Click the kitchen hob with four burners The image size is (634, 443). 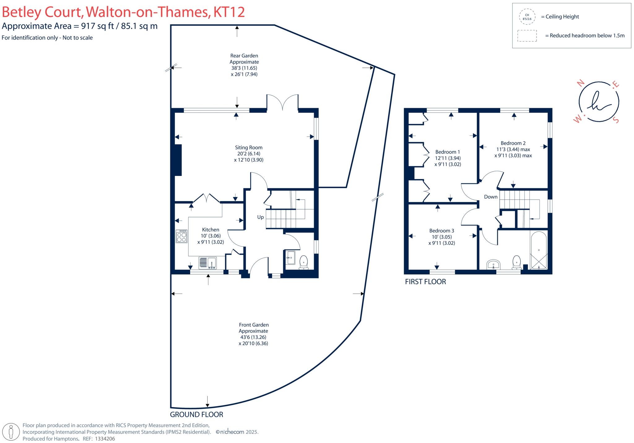click(x=182, y=236)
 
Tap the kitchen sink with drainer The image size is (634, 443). click(x=207, y=263)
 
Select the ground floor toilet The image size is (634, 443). click(x=304, y=262)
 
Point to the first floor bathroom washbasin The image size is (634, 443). click(x=493, y=265)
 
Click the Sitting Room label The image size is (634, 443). click(x=249, y=147)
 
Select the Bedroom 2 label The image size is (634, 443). click(x=513, y=143)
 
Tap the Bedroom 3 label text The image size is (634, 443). click(x=441, y=231)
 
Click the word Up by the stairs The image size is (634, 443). click(x=260, y=217)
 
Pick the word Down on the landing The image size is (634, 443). click(x=491, y=197)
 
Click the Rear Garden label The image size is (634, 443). click(x=244, y=56)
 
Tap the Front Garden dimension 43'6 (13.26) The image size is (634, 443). click(x=253, y=337)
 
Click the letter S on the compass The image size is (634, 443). click(x=616, y=121)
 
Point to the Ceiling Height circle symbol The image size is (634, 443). click(x=527, y=17)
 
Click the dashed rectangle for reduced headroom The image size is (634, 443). click(x=527, y=36)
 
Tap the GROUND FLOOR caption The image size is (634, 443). click(x=197, y=414)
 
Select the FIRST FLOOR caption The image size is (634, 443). click(x=425, y=282)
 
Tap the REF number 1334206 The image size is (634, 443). click(x=105, y=439)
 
